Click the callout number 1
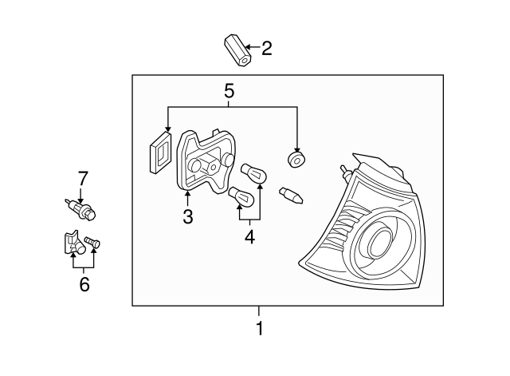[x=258, y=328]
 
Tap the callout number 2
[x=266, y=49]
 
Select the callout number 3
[x=187, y=216]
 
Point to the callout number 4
[x=249, y=237]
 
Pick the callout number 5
[x=229, y=90]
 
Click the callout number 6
[x=84, y=283]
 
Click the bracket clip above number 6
[x=71, y=243]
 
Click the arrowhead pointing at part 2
[x=249, y=49]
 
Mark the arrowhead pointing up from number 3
[x=187, y=192]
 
